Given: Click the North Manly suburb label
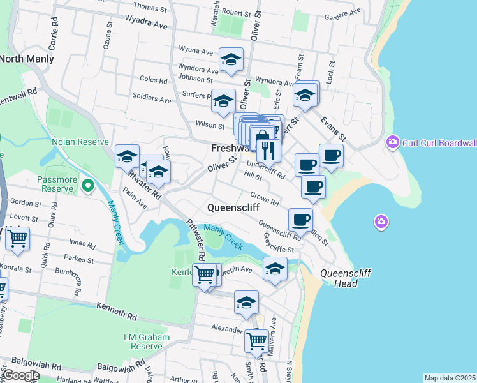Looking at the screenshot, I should [x=27, y=59].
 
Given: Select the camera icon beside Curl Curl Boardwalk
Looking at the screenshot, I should [x=393, y=142].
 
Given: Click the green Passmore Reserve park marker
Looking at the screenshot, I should [x=89, y=186].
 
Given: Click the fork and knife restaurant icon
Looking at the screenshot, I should [x=268, y=151].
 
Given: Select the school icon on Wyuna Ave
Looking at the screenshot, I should [x=230, y=60].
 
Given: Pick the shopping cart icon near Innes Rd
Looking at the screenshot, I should [x=18, y=239].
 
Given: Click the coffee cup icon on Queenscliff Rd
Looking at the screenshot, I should [x=300, y=220].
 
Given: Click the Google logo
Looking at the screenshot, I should [x=21, y=375].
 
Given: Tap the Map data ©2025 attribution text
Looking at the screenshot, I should [x=450, y=378].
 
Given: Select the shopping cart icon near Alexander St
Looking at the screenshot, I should [x=256, y=340].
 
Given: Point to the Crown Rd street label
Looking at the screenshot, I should [x=264, y=199].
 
